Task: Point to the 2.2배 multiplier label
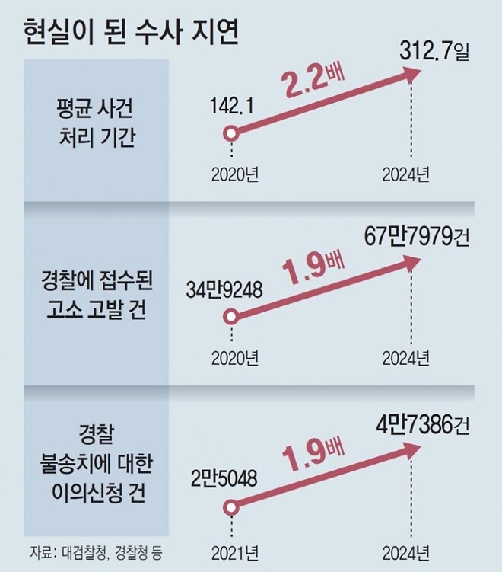point(311,86)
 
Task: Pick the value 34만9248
point(224,290)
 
